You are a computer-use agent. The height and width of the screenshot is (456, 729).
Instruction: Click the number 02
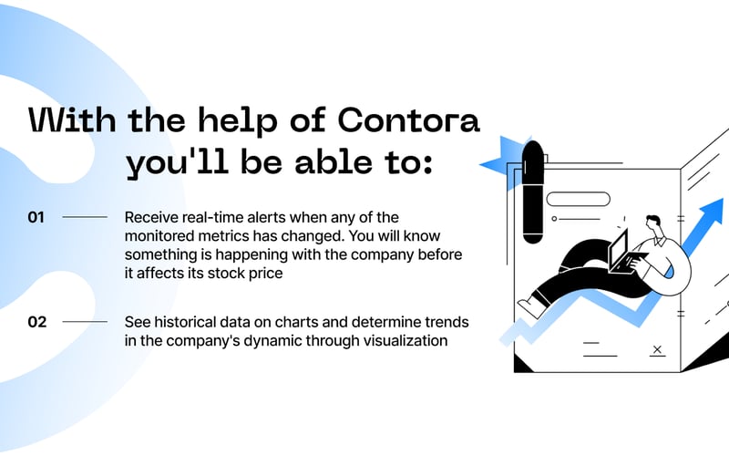[37, 321]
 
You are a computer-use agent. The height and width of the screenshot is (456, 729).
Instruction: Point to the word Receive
[151, 217]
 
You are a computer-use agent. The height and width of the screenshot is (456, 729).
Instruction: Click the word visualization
[397, 341]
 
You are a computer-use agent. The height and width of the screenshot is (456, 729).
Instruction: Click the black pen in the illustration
[533, 192]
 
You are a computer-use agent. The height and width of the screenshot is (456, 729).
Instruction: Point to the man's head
[652, 224]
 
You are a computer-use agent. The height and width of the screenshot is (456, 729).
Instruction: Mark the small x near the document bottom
[657, 348]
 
